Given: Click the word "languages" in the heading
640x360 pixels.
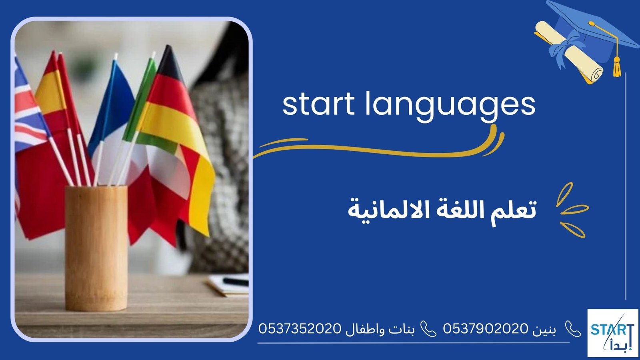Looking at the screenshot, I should [450, 105].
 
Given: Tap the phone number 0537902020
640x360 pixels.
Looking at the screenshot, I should [486, 329].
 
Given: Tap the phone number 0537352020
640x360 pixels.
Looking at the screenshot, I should [300, 329].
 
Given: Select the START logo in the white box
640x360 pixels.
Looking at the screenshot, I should [612, 332].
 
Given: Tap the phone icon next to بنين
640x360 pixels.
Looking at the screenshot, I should [573, 329].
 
